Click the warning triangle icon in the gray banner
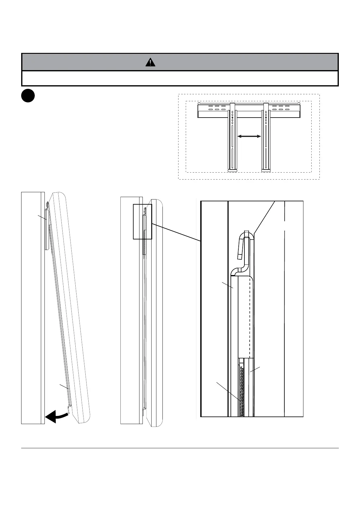pos(150,62)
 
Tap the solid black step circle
pos(28,96)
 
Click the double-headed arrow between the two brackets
pos(249,137)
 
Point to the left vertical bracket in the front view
pos(232,138)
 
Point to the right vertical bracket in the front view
pos(266,138)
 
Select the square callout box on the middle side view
pos(142,221)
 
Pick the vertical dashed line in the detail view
pos(250,317)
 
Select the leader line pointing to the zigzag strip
pos(228,391)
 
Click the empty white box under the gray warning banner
pos(180,79)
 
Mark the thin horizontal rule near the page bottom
pos(180,448)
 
